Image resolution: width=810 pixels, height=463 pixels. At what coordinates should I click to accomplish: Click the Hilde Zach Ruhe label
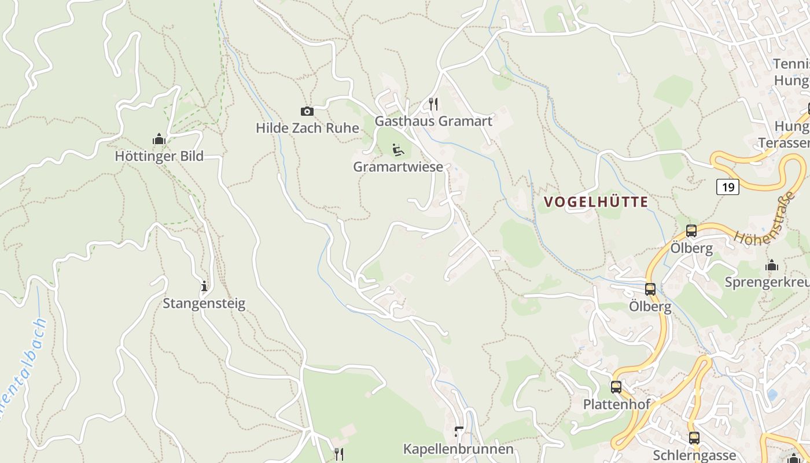(307, 128)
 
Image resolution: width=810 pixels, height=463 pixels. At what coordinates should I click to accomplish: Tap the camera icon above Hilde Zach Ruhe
(307, 111)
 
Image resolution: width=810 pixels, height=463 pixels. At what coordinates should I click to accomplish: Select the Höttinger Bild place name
(159, 156)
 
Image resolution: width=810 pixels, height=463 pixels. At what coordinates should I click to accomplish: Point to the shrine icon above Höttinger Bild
(159, 139)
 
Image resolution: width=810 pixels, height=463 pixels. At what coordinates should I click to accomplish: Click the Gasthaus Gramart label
(433, 121)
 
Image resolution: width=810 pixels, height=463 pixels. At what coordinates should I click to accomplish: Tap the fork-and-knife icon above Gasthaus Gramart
(433, 104)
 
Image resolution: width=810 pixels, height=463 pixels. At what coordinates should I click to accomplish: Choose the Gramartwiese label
(398, 167)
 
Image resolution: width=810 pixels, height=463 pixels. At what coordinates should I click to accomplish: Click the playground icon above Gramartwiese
(398, 150)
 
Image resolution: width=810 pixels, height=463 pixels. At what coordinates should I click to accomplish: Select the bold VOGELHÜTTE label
(595, 202)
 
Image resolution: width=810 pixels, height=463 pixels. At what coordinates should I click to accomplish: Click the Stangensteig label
(204, 303)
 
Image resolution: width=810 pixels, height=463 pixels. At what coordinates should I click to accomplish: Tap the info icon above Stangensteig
(204, 286)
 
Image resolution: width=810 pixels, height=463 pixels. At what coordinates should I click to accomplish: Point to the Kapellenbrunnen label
(458, 449)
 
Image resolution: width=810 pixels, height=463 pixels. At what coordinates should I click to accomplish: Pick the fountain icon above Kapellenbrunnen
(459, 432)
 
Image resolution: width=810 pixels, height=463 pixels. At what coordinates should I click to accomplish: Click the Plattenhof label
(617, 404)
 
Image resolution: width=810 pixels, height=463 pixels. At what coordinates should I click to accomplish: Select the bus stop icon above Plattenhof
(616, 387)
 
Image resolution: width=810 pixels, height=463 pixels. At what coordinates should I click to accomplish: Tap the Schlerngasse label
(694, 455)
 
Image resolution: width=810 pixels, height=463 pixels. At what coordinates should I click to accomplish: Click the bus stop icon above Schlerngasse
(694, 438)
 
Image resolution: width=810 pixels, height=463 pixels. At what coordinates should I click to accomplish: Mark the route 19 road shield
(728, 187)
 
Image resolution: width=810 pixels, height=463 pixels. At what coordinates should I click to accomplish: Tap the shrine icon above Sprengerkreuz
(772, 266)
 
